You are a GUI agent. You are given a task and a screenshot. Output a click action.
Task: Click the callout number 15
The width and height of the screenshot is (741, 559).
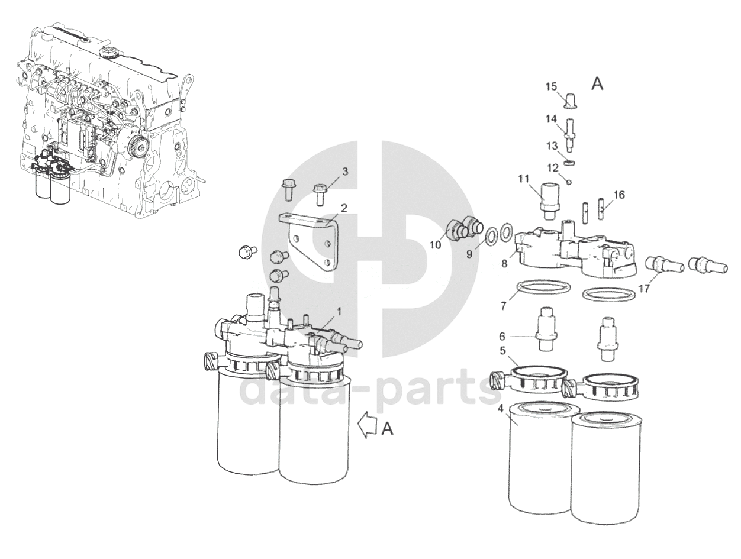click(551, 87)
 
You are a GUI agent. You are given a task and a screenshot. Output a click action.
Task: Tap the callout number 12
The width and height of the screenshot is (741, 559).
click(553, 167)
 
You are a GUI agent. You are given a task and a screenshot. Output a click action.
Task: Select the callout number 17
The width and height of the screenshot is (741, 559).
click(644, 289)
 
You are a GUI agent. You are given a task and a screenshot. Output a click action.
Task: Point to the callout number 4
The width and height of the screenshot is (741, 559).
click(500, 409)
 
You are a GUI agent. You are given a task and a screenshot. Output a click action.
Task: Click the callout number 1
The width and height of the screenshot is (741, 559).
click(339, 311)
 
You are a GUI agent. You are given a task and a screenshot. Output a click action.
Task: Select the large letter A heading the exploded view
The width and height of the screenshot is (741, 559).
click(597, 85)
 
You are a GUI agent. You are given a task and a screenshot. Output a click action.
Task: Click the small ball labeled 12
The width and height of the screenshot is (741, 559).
click(569, 183)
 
